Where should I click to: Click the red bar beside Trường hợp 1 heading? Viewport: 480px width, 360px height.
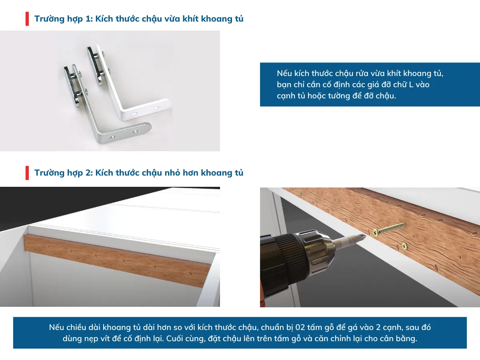(x=27, y=19)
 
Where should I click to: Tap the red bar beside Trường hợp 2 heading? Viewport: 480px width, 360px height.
(x=27, y=173)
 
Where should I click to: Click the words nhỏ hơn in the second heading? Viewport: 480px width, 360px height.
(x=182, y=173)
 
